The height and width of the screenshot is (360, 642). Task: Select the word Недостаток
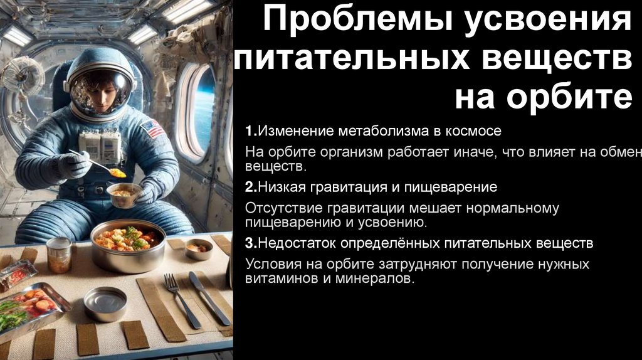[300, 243]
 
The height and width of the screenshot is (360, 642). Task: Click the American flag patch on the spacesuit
[152, 130]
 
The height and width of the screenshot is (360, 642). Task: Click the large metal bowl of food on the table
[128, 245]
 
